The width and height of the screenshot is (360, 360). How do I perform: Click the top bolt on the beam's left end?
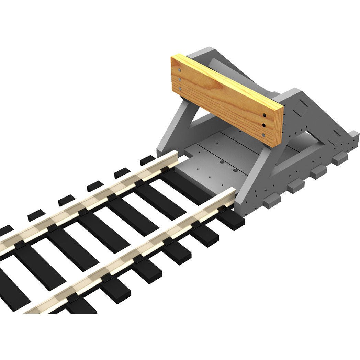click(179, 70)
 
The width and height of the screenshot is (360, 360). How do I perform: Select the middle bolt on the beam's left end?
click(179, 79)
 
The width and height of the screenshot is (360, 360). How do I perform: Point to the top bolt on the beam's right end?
click(264, 115)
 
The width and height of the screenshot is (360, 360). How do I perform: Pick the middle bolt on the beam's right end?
click(264, 125)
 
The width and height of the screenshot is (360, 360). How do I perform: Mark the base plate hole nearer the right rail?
click(235, 170)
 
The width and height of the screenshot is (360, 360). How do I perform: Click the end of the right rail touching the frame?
click(233, 193)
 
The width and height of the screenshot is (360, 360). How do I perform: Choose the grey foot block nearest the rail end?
click(271, 200)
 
